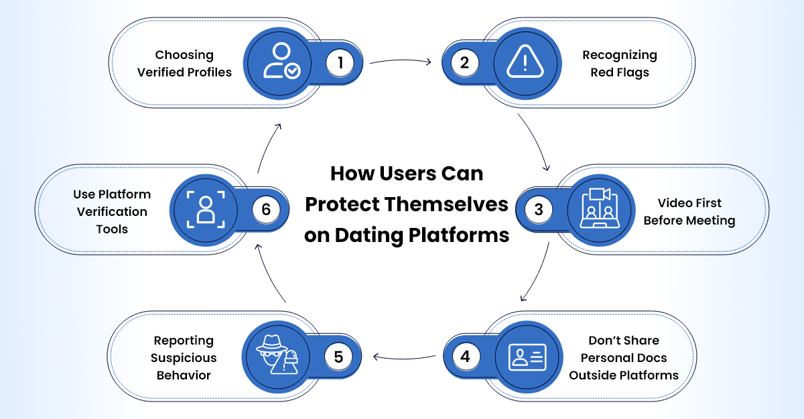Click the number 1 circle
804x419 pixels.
(x=340, y=63)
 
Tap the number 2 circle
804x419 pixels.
(x=464, y=63)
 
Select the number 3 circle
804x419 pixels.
(x=538, y=209)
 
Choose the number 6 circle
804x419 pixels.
(x=266, y=209)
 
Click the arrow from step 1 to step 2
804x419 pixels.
(x=401, y=62)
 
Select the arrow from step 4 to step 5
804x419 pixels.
(x=405, y=357)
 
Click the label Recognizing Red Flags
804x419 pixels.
(x=619, y=64)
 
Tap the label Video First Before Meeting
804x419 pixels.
(x=689, y=211)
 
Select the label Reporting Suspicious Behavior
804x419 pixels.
(x=184, y=358)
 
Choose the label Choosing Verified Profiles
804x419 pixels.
(x=184, y=64)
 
